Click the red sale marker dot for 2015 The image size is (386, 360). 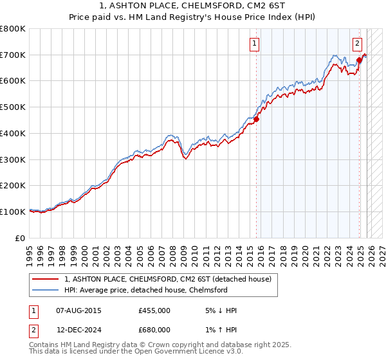coord(256,119)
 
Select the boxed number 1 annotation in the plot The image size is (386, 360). coord(255,44)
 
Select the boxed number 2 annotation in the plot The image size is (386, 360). coord(357,44)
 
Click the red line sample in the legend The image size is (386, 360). coord(46,279)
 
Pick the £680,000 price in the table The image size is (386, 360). coord(154,332)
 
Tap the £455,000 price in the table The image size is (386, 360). coord(154,310)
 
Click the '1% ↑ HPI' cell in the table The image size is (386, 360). coord(218,332)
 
